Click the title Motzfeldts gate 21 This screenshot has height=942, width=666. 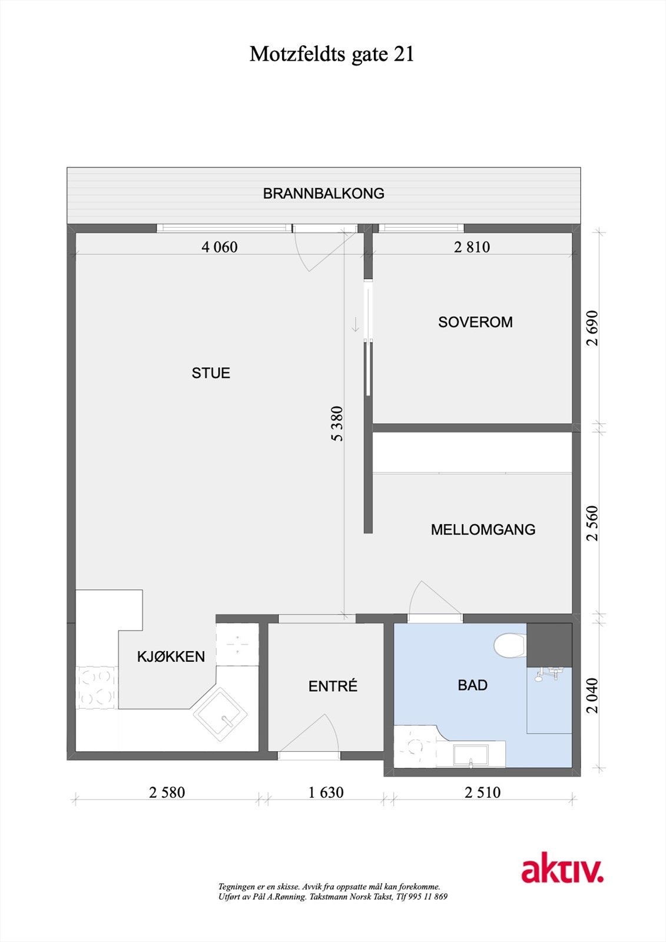point(332,54)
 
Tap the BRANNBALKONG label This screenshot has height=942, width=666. point(323,194)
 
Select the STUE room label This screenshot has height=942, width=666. point(211,373)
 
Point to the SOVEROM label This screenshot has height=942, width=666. point(475,322)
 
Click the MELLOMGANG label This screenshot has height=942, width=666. point(483,529)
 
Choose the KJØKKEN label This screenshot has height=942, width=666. point(171,656)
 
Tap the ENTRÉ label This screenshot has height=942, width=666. point(333,686)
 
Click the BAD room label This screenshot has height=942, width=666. point(472,685)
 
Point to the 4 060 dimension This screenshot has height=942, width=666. point(220,247)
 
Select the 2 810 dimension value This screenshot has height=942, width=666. point(472,247)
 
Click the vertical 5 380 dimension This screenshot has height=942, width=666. point(337,423)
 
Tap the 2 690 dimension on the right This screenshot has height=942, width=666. point(592,328)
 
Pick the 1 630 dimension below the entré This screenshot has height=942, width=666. point(326,792)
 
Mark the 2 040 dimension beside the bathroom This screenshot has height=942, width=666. point(592,695)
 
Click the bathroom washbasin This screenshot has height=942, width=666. point(470,755)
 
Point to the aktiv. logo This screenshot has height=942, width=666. point(562,871)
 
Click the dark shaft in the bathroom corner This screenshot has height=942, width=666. point(549,645)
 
